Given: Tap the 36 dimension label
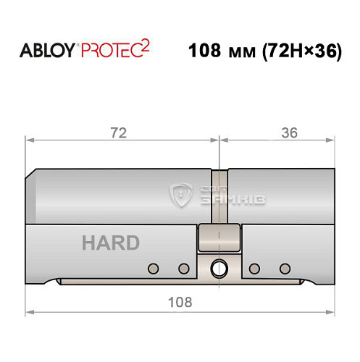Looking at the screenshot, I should tap(289, 132).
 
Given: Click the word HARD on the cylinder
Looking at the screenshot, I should tap(111, 243).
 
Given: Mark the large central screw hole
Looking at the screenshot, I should tap(218, 270).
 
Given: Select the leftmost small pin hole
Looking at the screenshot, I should tap(152, 269).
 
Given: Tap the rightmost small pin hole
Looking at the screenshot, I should tap(285, 269).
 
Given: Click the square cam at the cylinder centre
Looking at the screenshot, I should tap(218, 236).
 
